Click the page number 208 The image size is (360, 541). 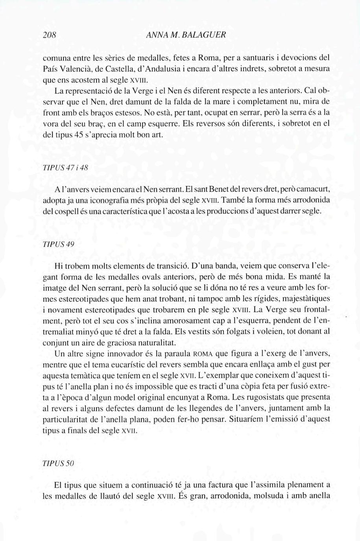click(x=50, y=35)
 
